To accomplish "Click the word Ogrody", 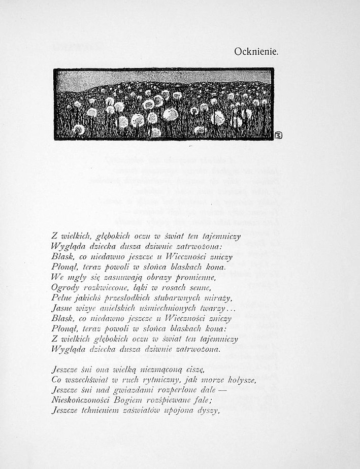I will [64, 288].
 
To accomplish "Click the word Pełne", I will [61, 298].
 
